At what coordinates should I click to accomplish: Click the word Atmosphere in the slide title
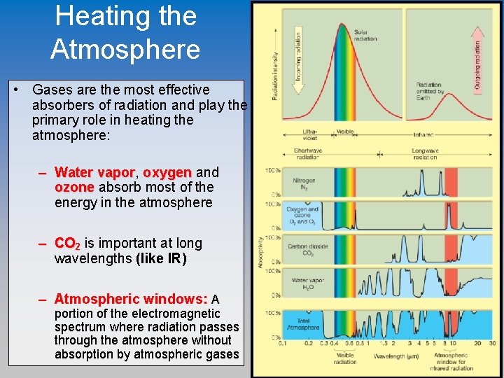[125, 50]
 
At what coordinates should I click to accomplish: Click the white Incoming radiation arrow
[297, 56]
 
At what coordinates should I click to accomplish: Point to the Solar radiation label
[365, 35]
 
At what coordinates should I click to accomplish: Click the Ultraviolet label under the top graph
[310, 134]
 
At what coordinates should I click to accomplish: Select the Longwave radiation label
[424, 155]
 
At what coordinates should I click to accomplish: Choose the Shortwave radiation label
[307, 155]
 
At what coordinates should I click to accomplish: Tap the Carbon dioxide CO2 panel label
[305, 249]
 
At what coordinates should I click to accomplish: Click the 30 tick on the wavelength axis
[493, 344]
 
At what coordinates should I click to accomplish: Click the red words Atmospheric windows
[131, 299]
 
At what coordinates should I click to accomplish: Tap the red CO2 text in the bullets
[68, 244]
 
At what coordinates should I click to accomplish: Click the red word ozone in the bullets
[74, 187]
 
